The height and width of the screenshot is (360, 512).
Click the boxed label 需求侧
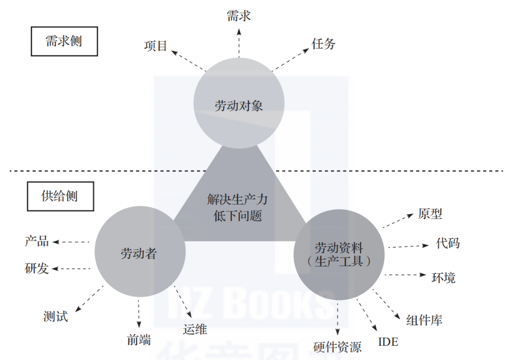point(64,41)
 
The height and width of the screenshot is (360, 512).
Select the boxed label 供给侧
point(60,196)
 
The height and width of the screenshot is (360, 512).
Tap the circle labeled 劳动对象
point(238,105)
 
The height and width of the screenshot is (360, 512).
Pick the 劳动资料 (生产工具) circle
point(338,254)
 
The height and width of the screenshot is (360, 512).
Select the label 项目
point(155,45)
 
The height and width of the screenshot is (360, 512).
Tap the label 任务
point(323,44)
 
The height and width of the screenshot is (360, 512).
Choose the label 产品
point(37,241)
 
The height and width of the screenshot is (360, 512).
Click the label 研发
point(37,269)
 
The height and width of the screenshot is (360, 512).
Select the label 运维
point(195,329)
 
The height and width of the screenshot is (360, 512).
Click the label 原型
point(430,214)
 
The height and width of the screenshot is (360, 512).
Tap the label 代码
point(448,243)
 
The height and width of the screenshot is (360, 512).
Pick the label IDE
point(388,342)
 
